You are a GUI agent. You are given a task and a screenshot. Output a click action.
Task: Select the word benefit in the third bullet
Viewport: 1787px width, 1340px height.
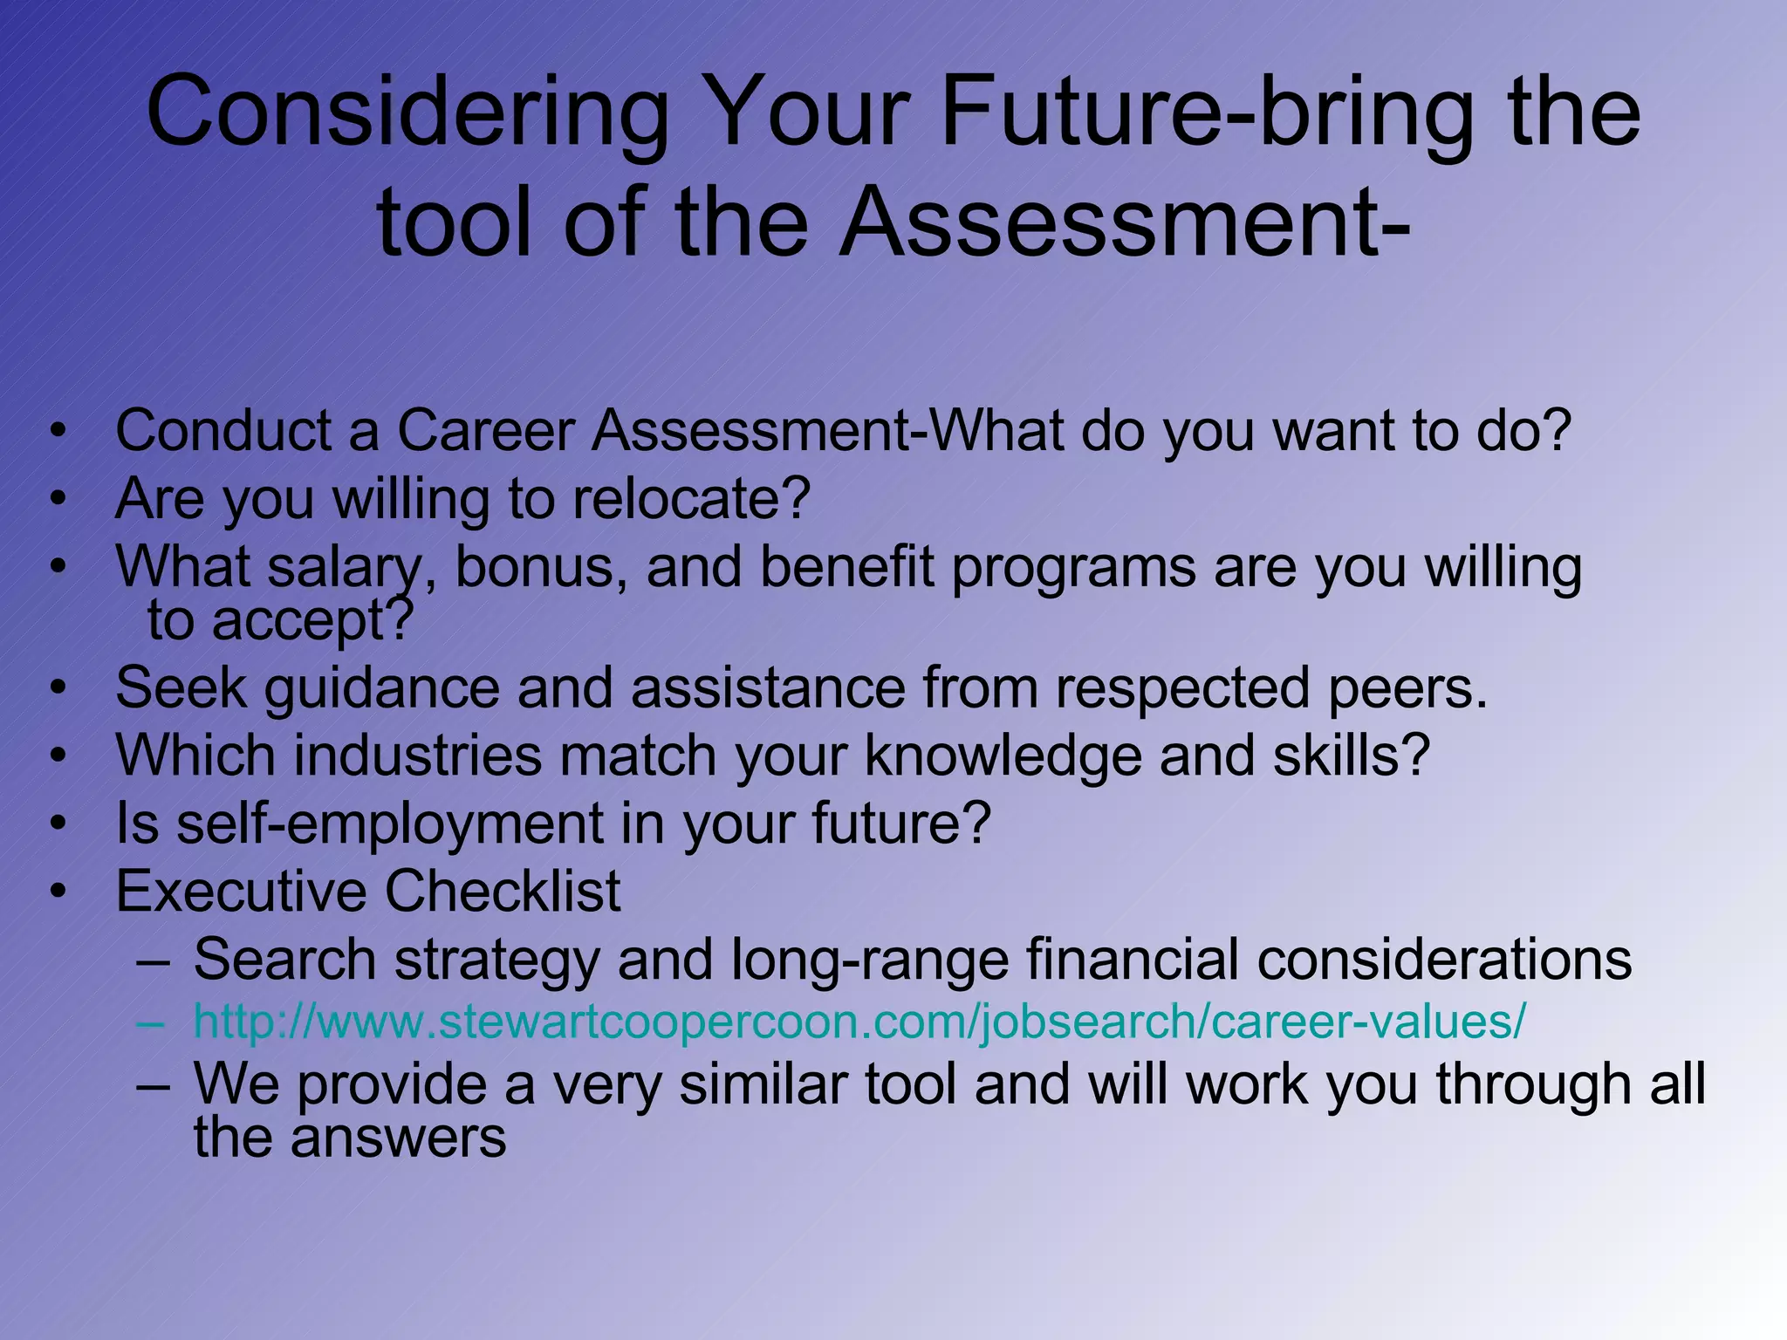(x=846, y=567)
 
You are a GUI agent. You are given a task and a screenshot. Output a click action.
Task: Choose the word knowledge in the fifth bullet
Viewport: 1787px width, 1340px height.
(x=1003, y=755)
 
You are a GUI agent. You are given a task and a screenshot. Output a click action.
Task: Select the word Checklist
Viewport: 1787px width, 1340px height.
(x=503, y=892)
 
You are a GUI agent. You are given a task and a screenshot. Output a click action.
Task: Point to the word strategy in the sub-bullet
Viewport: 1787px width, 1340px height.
(x=496, y=961)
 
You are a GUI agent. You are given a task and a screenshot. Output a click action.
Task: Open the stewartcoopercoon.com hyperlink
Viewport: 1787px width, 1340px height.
(x=859, y=1022)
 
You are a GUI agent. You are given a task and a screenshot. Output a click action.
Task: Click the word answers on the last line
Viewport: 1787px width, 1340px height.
(x=398, y=1138)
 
